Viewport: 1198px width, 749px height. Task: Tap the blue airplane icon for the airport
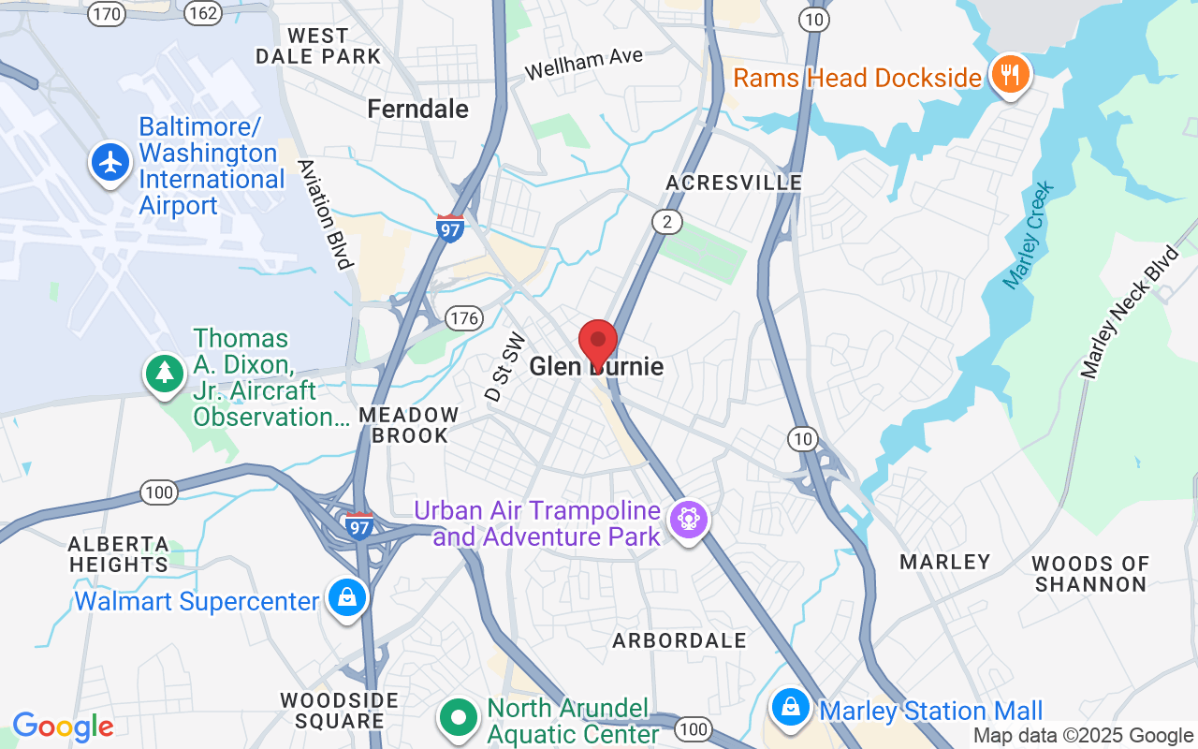point(110,162)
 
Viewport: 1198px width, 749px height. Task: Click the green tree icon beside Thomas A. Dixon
point(165,373)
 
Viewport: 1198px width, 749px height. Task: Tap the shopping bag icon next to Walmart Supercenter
point(347,596)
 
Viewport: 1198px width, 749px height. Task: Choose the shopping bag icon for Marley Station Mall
point(792,709)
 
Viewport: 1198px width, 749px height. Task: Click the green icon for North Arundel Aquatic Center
point(459,718)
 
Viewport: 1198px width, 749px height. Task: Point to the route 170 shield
point(108,13)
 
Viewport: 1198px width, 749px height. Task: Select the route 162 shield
point(202,13)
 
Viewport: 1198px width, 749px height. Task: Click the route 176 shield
point(463,318)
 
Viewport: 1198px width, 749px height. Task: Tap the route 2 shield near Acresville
point(667,222)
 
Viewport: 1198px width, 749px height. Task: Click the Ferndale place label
point(417,109)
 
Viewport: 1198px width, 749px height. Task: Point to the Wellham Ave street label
point(584,64)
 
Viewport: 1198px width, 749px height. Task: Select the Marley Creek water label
point(1029,235)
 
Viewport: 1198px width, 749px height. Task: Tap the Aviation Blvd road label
point(325,213)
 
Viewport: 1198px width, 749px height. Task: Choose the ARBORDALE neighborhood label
point(679,640)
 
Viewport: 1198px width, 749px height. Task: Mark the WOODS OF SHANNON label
point(1088,574)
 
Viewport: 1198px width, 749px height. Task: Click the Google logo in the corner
point(63,727)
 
